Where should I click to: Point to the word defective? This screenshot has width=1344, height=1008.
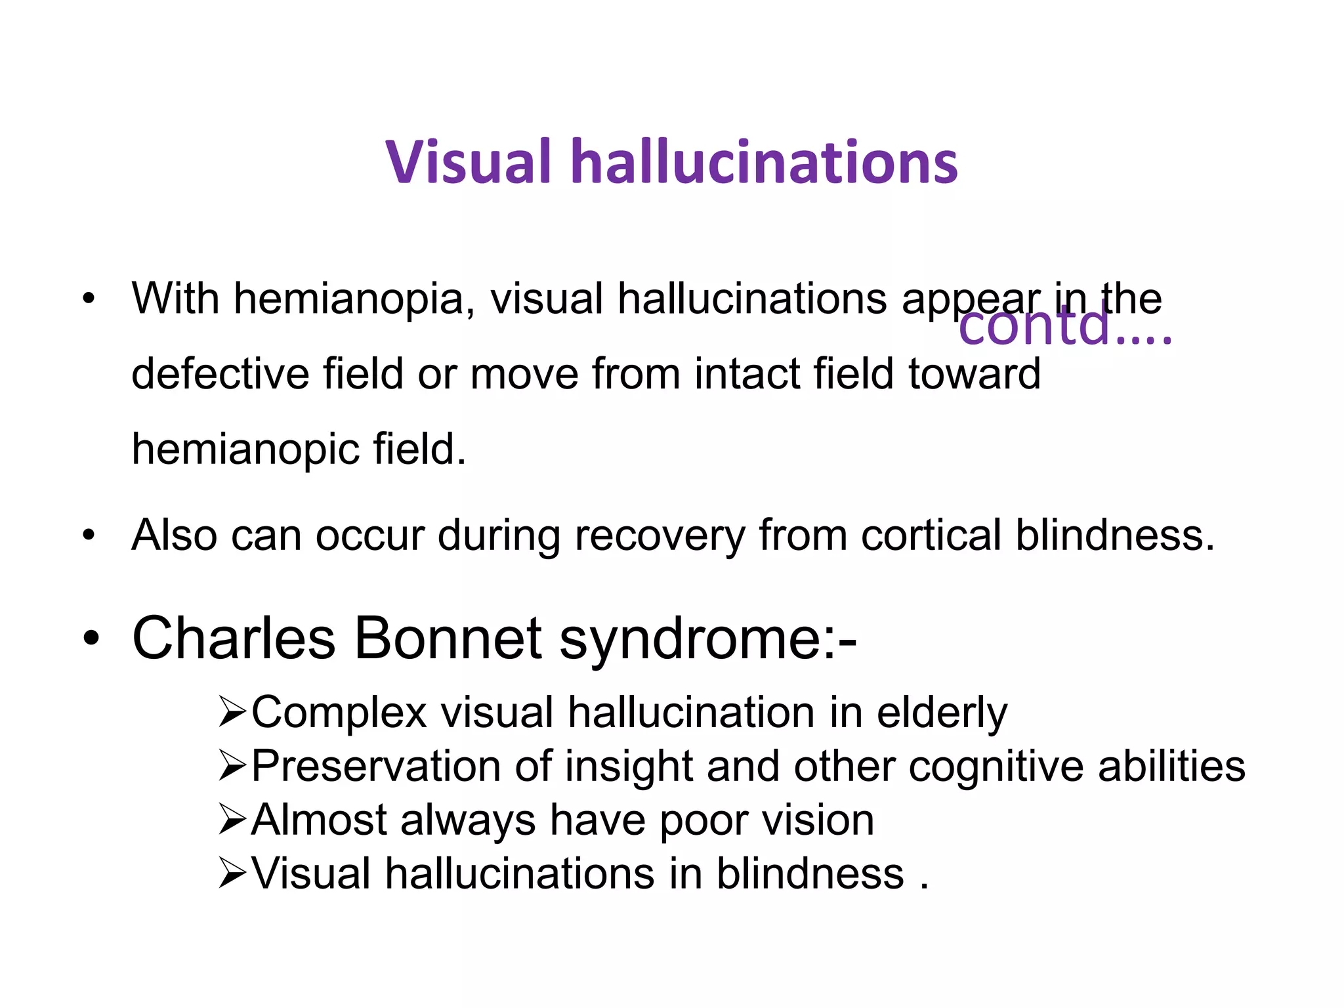[x=220, y=374]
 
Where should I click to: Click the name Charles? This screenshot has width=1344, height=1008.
[x=234, y=638]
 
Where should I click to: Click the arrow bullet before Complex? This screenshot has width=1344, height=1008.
[x=232, y=713]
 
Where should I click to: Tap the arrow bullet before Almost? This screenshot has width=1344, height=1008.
[x=232, y=820]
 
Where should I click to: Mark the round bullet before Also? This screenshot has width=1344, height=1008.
[x=89, y=535]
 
